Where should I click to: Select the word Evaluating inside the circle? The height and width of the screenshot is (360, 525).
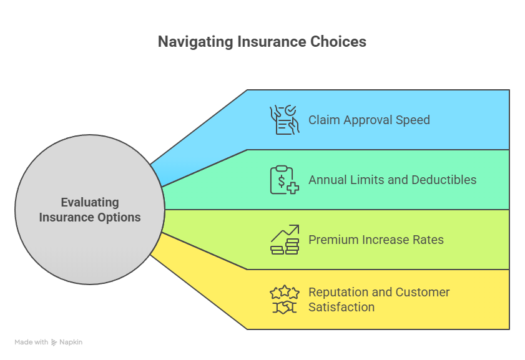pyautogui.click(x=90, y=202)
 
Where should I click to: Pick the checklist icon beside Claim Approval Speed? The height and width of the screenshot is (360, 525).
pyautogui.click(x=284, y=120)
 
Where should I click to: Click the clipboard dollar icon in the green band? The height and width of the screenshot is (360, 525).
pyautogui.click(x=284, y=180)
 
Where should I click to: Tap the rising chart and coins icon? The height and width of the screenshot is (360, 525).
pyautogui.click(x=284, y=240)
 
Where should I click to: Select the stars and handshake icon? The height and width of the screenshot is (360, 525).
pyautogui.click(x=284, y=299)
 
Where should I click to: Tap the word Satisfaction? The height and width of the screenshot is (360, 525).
pyautogui.click(x=341, y=307)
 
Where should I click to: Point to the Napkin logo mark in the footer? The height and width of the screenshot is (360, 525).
pyautogui.click(x=54, y=342)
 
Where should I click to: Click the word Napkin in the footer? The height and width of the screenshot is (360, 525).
pyautogui.click(x=71, y=342)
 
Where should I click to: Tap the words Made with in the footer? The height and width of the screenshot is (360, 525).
pyautogui.click(x=31, y=342)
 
